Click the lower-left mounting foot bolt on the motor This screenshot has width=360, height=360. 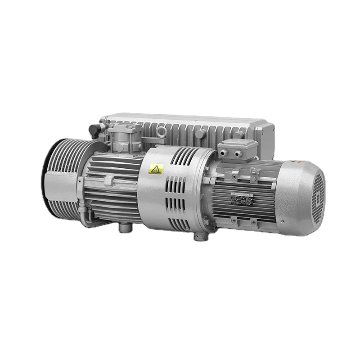pos(234,220)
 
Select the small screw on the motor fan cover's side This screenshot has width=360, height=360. pos(282,221)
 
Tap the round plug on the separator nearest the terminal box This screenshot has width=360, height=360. pos(201,134)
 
